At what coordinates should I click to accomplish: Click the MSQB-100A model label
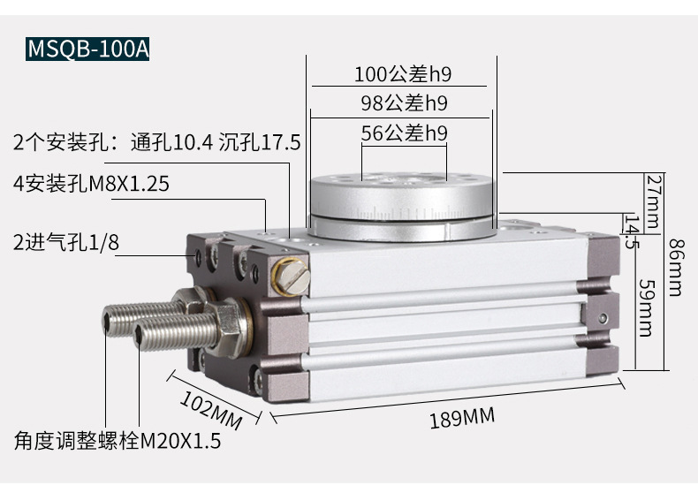[x=87, y=49]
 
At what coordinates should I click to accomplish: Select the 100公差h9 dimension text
[x=403, y=74]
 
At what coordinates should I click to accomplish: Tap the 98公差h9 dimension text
[x=404, y=103]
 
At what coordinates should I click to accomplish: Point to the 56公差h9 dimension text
[x=404, y=133]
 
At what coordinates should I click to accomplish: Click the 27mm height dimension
[x=653, y=201]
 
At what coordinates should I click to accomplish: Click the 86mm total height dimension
[x=676, y=268]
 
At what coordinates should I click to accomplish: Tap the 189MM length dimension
[x=462, y=418]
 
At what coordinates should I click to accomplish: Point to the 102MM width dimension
[x=211, y=410]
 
